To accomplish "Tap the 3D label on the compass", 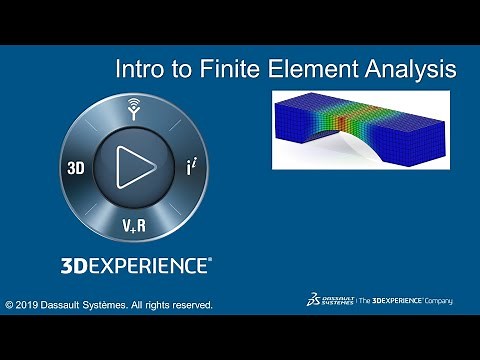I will point(75,168).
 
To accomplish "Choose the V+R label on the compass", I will point(133,224).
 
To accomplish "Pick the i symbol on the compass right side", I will point(189,167).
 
